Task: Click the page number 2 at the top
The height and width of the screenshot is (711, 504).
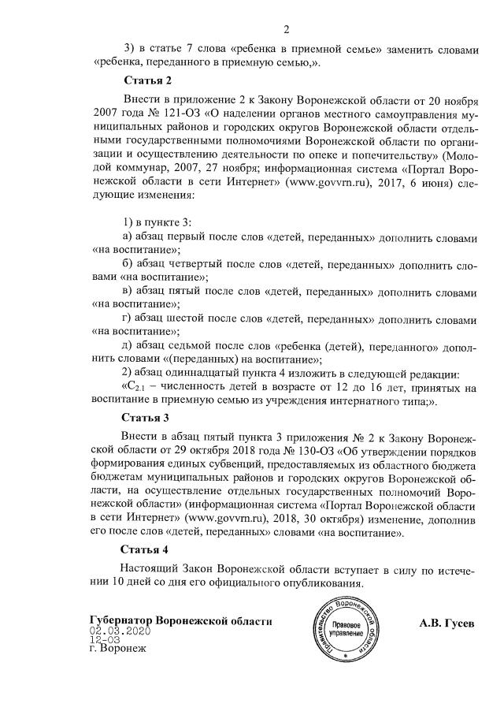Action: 287,30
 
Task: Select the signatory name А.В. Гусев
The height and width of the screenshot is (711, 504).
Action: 447,623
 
